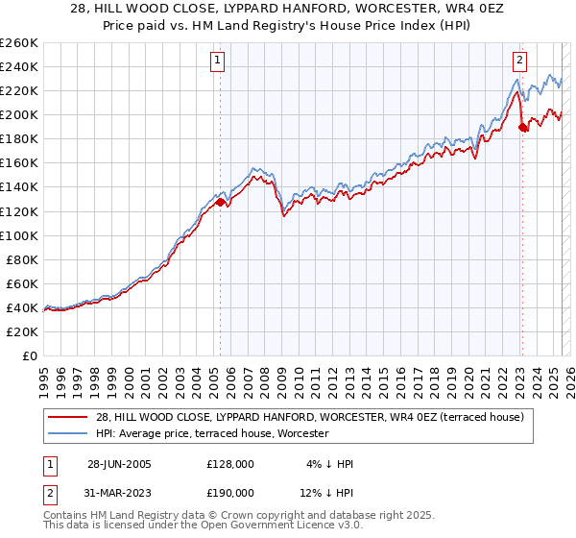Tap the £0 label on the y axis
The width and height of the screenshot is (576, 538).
tap(29, 355)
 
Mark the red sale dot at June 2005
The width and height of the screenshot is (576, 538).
tap(220, 202)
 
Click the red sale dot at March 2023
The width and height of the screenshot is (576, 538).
tap(522, 127)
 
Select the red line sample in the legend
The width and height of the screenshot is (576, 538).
tap(67, 417)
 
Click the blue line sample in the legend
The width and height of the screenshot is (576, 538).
tap(67, 434)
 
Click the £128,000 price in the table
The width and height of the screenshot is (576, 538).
tap(229, 464)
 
